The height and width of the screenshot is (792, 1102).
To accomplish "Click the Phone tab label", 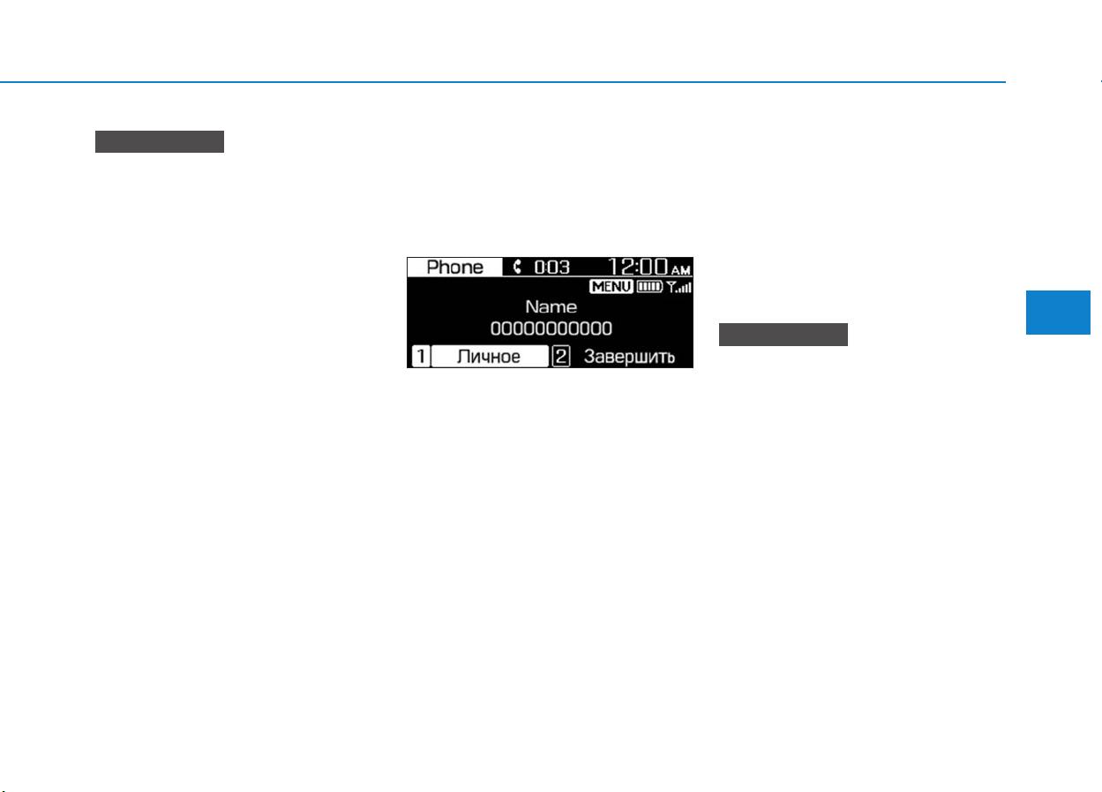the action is pyautogui.click(x=454, y=268).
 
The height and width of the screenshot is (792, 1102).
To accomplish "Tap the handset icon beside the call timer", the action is pyautogui.click(x=517, y=267).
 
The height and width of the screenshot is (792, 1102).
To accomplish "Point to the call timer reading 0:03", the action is pyautogui.click(x=552, y=268).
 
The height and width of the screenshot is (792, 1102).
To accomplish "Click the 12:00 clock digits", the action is pyautogui.click(x=638, y=267).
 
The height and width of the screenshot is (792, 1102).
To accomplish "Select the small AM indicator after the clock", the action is pyautogui.click(x=681, y=270).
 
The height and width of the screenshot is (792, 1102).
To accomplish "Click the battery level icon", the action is pyautogui.click(x=649, y=286).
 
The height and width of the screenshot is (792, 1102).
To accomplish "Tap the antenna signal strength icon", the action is pyautogui.click(x=678, y=287).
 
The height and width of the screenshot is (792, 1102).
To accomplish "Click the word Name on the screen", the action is pyautogui.click(x=551, y=306).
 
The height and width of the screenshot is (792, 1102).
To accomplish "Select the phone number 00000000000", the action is pyautogui.click(x=551, y=328).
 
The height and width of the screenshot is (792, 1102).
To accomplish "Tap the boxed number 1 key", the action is pyautogui.click(x=421, y=356).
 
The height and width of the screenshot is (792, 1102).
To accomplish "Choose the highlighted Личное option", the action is pyautogui.click(x=490, y=356).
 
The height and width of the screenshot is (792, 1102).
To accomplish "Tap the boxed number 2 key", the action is pyautogui.click(x=561, y=356).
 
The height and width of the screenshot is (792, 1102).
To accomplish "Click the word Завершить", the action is pyautogui.click(x=629, y=357).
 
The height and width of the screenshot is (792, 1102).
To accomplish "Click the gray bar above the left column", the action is pyautogui.click(x=160, y=142).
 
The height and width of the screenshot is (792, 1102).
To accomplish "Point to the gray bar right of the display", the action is pyautogui.click(x=783, y=335).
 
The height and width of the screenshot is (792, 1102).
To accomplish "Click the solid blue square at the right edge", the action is pyautogui.click(x=1058, y=313).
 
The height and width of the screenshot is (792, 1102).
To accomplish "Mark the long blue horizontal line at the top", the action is pyautogui.click(x=503, y=82).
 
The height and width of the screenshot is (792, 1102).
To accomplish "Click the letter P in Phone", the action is pyautogui.click(x=432, y=268).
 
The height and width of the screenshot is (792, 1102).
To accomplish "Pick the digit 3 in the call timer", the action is pyautogui.click(x=564, y=268).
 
